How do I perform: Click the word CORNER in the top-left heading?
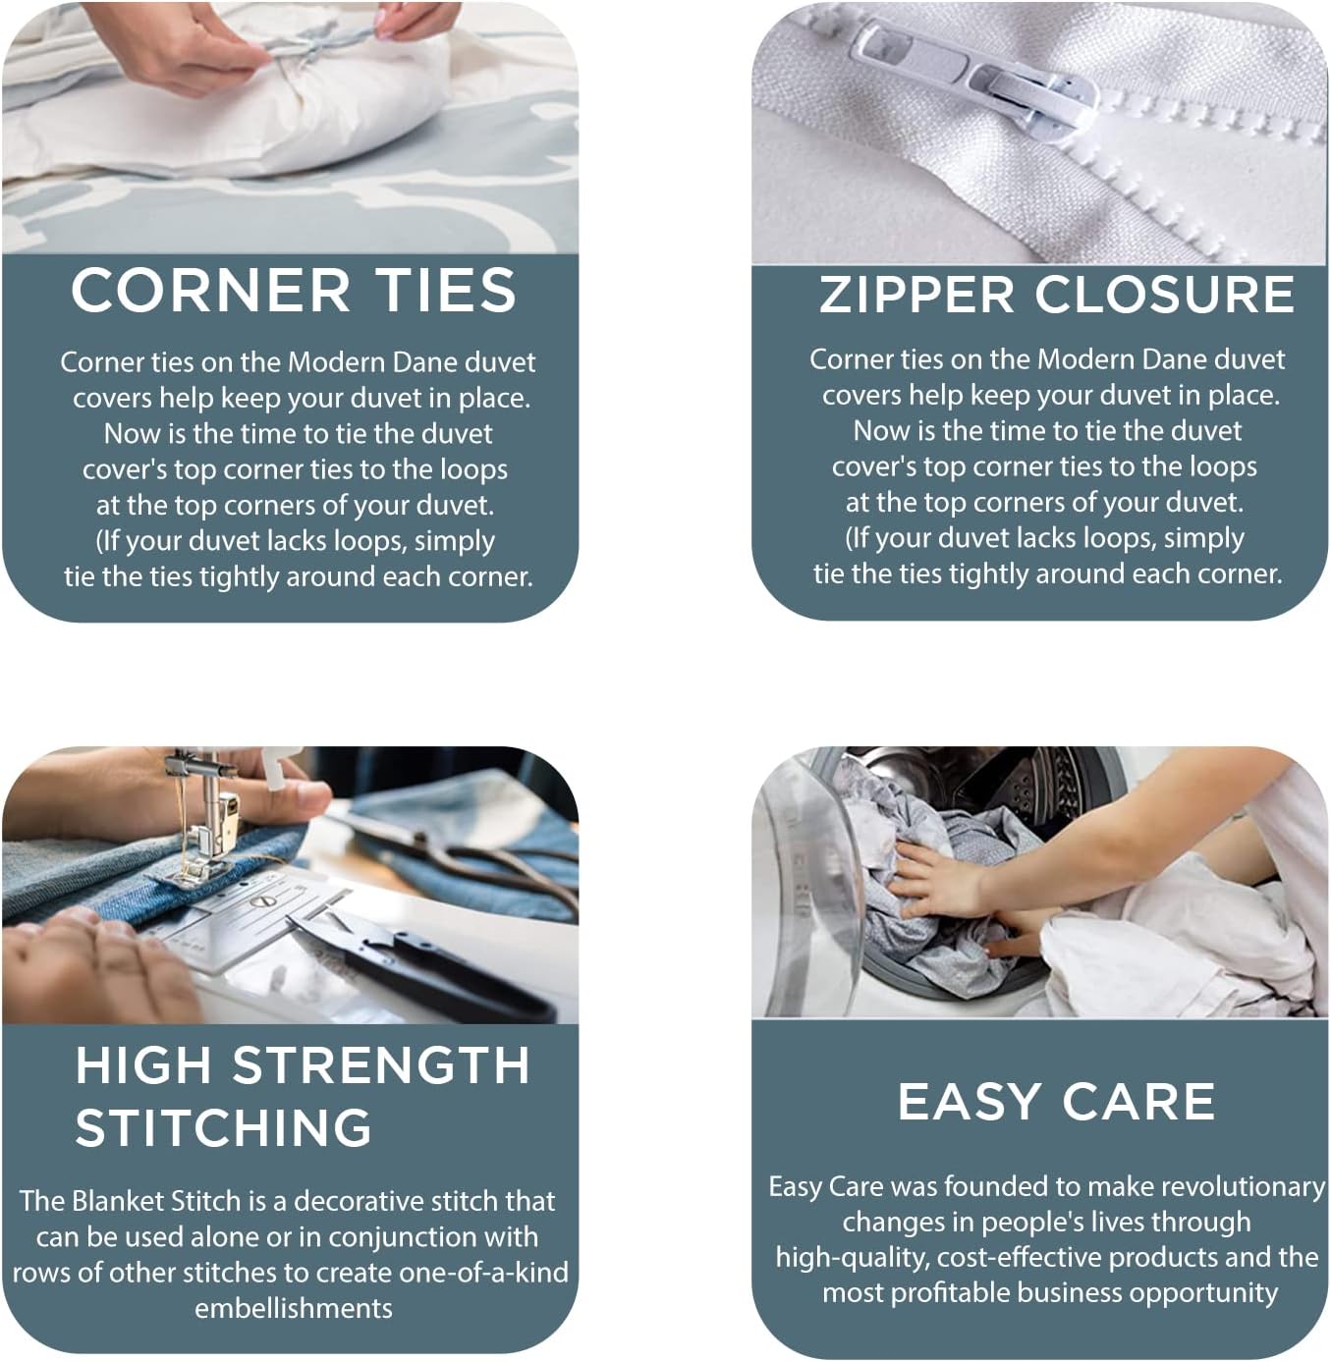pos(210,291)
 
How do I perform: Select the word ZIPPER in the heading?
pos(915,296)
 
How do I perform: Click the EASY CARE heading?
pos(1056,1102)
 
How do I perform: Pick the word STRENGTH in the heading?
pos(381,1066)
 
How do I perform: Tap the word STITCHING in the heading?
pos(224,1128)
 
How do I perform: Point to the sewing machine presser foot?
pos(196,864)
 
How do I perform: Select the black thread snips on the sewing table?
pos(432,967)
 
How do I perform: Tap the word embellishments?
pos(293,1308)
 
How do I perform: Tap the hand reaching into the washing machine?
pos(933,874)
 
